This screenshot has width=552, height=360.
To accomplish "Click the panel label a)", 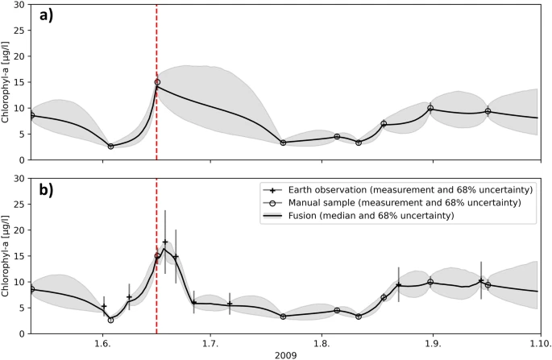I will coord(44,14).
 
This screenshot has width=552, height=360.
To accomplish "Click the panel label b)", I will coord(44,191).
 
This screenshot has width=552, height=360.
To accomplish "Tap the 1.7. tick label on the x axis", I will coord(211,341).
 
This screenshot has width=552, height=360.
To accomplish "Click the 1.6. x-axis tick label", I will coord(102,341).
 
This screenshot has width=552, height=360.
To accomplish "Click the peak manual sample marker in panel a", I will coord(157,82).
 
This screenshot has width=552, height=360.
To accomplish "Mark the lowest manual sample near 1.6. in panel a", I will coord(110,146).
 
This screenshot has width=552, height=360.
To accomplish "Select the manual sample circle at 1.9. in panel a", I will coord(430,108).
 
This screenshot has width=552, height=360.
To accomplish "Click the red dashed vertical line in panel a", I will coord(156,48).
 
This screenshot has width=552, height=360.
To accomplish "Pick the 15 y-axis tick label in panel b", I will coord(20,255).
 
